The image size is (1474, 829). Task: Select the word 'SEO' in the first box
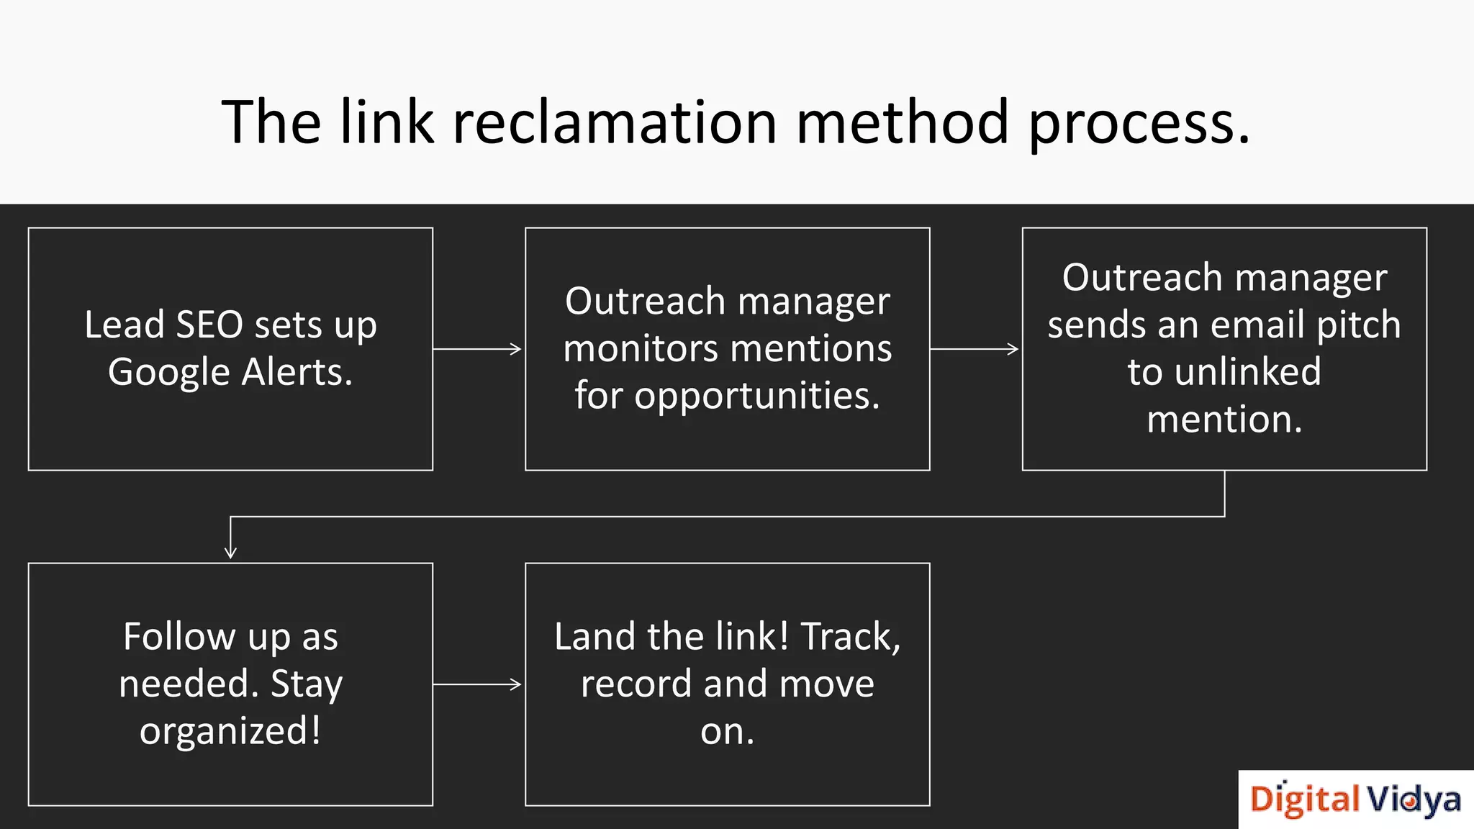pos(209,325)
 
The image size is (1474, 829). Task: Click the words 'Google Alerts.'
pos(230,373)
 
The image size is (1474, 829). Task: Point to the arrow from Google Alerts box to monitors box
pos(478,349)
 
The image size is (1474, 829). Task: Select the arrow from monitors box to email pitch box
pos(975,349)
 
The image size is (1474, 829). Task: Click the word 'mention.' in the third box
pos(1224,420)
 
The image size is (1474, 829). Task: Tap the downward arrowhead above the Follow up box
pos(230,551)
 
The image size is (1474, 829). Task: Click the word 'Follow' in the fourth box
pos(178,637)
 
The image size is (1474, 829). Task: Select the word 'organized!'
pos(230,732)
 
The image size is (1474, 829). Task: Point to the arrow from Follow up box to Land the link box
pos(478,684)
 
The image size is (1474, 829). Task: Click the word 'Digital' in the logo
pos(1304,800)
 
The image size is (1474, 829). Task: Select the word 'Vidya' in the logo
pos(1414,800)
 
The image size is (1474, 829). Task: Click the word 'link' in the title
pos(386,122)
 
